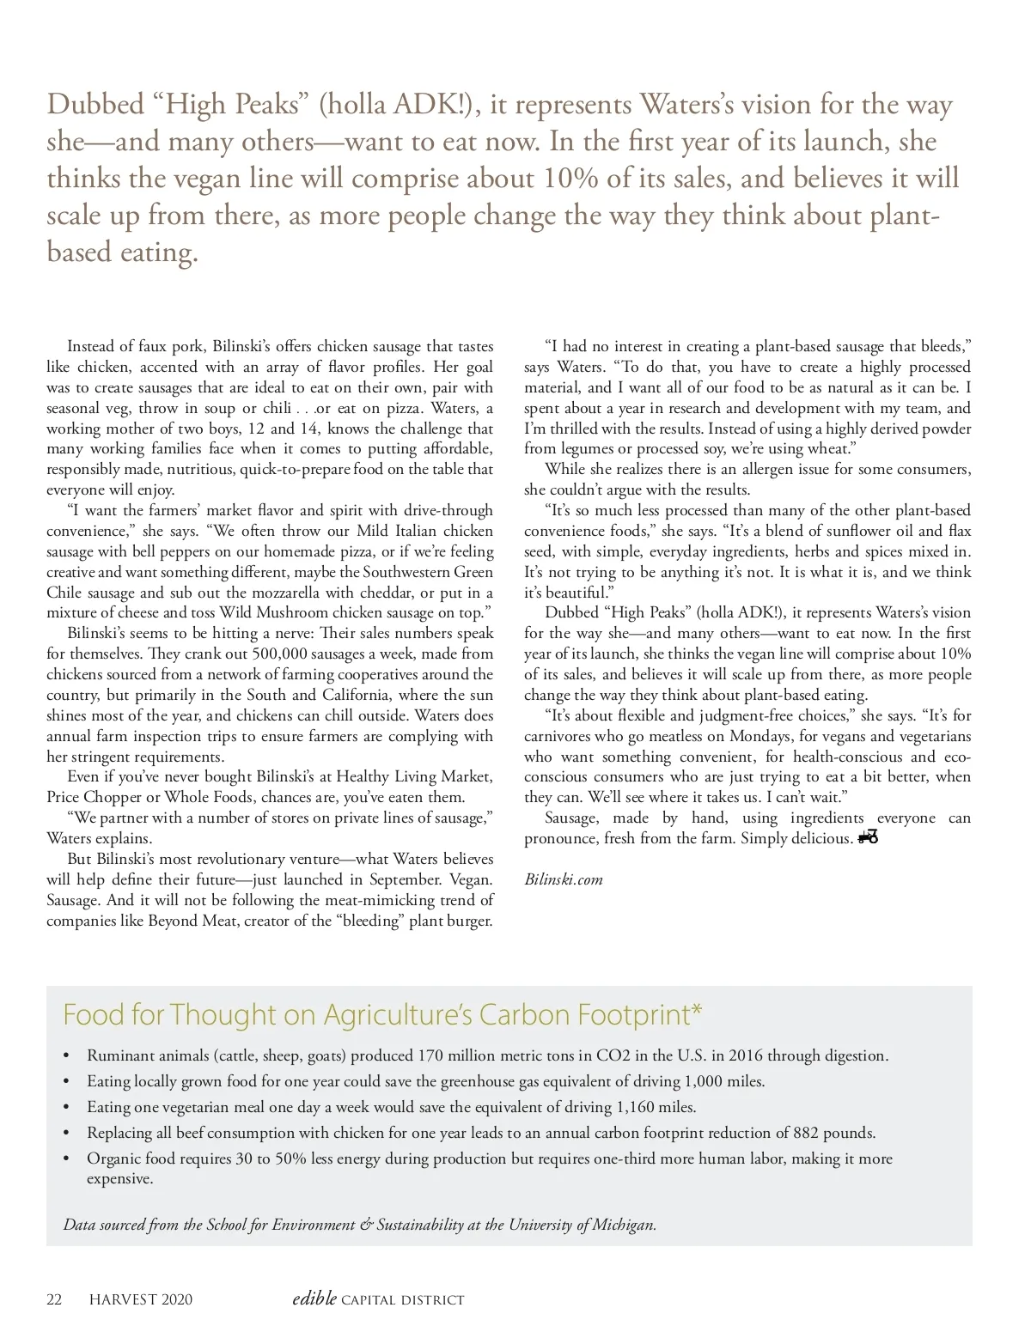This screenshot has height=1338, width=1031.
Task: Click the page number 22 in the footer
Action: (54, 1299)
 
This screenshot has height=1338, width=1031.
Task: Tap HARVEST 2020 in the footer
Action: (141, 1299)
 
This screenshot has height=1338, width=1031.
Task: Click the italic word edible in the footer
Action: (314, 1298)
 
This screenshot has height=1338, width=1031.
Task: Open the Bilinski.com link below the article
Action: (564, 879)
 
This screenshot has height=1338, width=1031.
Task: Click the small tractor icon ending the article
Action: (868, 837)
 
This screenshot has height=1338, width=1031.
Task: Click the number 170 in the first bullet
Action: (431, 1055)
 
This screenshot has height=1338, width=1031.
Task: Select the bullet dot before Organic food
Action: (67, 1159)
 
